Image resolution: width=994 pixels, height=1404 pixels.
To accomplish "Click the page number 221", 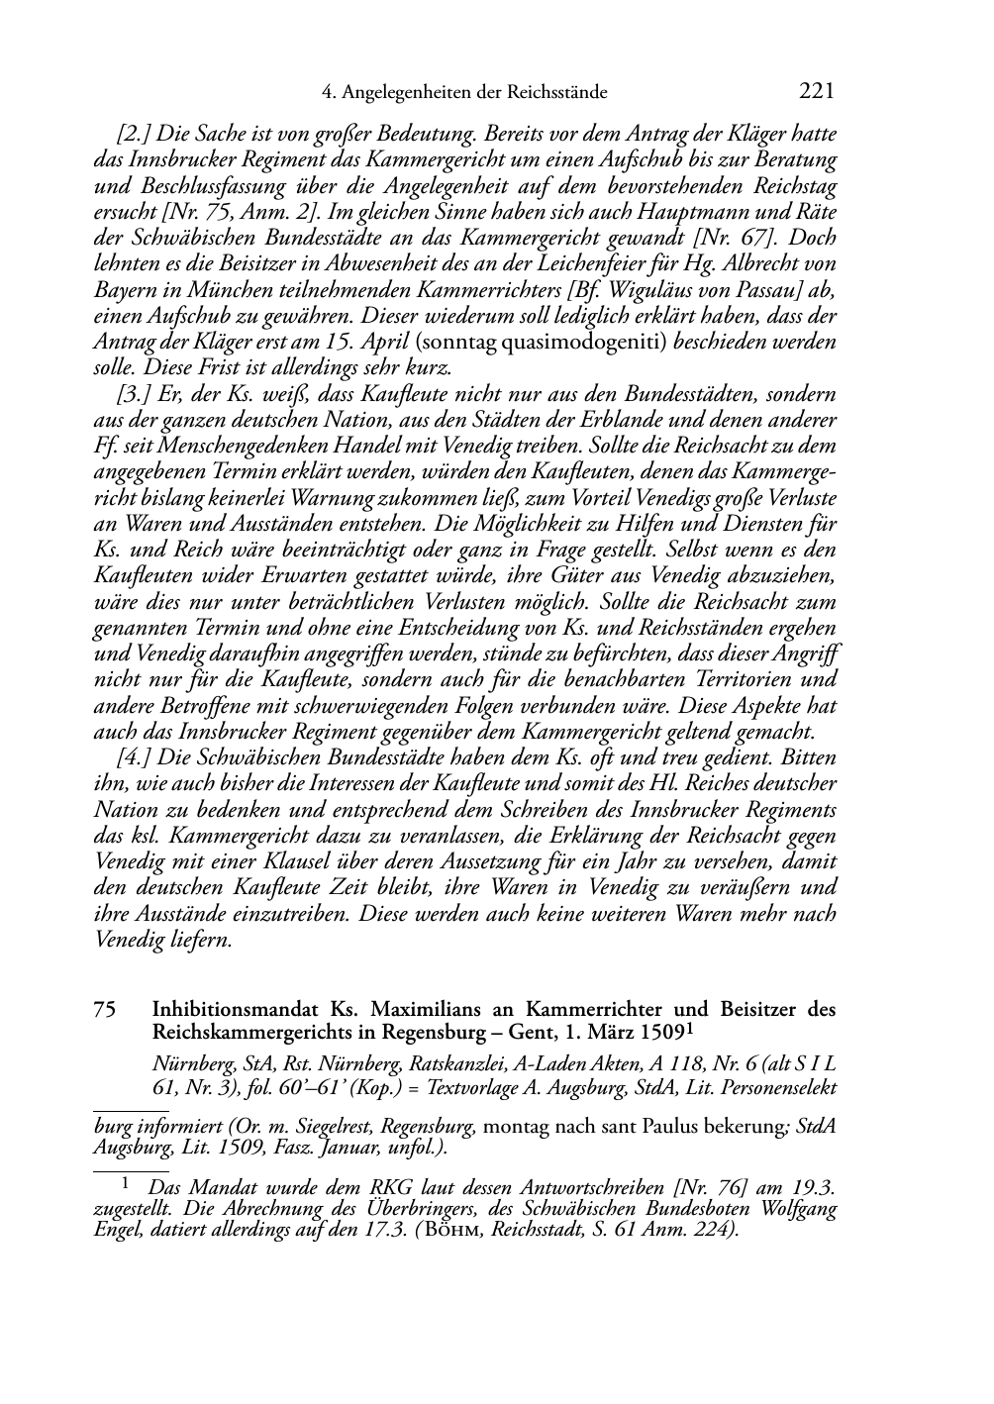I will (816, 92).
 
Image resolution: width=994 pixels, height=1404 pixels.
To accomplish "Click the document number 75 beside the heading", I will (104, 1010).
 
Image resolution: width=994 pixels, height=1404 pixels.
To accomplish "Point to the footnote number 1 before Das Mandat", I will (126, 1182).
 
